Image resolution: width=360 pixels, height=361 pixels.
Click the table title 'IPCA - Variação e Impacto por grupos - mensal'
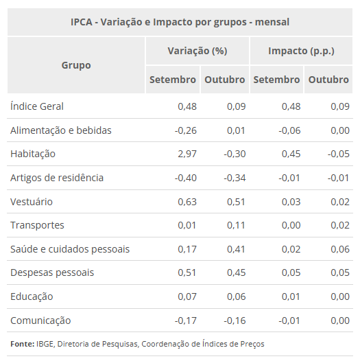pyautogui.click(x=180, y=22)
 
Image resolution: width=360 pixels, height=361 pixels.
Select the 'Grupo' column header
pyautogui.click(x=76, y=65)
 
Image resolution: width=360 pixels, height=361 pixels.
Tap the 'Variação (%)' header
pyautogui.click(x=197, y=51)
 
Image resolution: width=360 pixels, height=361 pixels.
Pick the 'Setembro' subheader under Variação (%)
pyautogui.click(x=173, y=80)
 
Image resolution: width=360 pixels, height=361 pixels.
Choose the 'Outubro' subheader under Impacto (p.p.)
pyautogui.click(x=328, y=80)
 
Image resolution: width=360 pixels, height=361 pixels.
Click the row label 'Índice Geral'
pyautogui.click(x=37, y=106)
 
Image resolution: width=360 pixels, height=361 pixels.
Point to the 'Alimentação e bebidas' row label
pyautogui.click(x=60, y=130)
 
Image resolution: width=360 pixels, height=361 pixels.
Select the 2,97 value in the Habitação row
pyautogui.click(x=187, y=154)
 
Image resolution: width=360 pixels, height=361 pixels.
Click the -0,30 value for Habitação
pyautogui.click(x=234, y=154)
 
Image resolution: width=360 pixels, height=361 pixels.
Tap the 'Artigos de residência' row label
pyautogui.click(x=57, y=178)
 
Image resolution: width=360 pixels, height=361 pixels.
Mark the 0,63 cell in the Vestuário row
pyautogui.click(x=187, y=202)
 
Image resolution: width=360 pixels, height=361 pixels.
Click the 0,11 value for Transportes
pyautogui.click(x=235, y=225)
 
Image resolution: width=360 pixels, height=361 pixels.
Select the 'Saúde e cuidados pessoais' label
pyautogui.click(x=70, y=249)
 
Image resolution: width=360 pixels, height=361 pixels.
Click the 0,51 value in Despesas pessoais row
pyautogui.click(x=187, y=272)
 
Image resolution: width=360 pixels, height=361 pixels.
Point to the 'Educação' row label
pyautogui.click(x=32, y=296)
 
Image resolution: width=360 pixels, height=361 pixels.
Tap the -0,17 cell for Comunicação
pyautogui.click(x=185, y=321)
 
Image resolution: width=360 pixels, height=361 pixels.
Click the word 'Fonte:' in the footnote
pyautogui.click(x=22, y=343)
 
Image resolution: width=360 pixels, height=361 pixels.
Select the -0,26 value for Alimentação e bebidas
pyautogui.click(x=185, y=130)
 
